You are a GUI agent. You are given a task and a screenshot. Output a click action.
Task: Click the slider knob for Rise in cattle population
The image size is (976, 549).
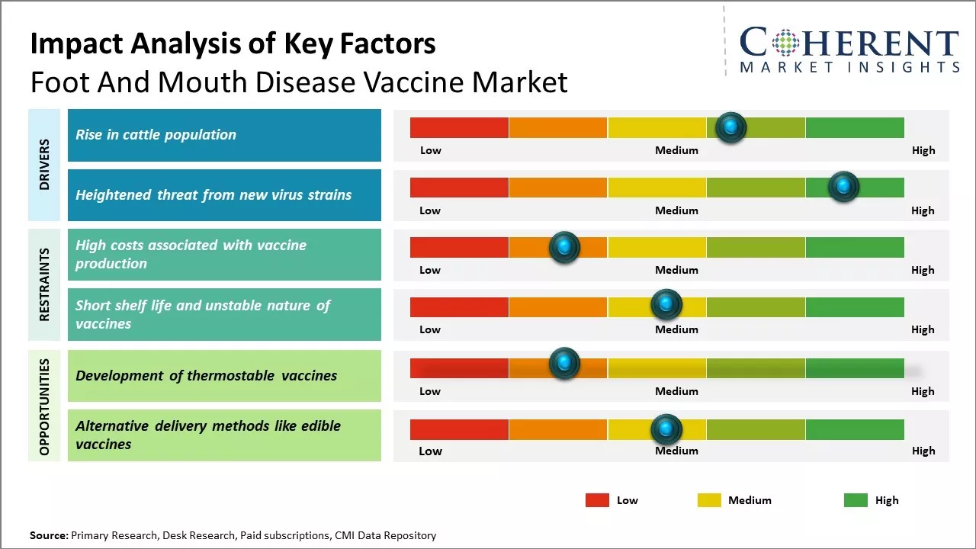(731, 127)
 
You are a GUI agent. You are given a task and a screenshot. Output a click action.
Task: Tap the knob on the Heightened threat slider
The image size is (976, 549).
(843, 187)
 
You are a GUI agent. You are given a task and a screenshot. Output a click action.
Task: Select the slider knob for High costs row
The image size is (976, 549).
(564, 247)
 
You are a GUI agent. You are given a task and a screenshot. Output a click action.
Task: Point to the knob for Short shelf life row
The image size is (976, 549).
(666, 305)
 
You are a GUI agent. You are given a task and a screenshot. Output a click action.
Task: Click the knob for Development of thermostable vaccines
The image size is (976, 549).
(564, 364)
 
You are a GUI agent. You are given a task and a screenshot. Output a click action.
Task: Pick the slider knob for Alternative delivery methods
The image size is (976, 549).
(666, 429)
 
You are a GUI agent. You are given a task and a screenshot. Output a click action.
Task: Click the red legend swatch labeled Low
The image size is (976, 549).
(597, 500)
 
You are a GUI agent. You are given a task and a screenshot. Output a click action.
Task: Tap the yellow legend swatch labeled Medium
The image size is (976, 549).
(709, 500)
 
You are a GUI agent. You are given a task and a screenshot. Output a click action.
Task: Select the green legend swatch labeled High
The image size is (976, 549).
(856, 500)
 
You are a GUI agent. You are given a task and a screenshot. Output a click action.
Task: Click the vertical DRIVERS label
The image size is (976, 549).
(44, 165)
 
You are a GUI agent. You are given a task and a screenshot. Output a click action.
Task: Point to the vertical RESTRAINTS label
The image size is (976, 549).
(44, 284)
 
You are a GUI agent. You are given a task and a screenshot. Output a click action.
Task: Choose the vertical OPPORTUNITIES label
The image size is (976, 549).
(44, 406)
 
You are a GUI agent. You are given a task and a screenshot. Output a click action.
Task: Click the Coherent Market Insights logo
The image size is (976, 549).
(849, 50)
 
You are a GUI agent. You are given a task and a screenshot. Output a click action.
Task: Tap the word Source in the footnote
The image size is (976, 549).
(49, 535)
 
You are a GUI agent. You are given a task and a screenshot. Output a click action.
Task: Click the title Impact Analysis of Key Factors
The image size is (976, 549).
(233, 44)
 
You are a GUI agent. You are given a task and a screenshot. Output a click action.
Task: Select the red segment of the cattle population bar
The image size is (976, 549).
(459, 127)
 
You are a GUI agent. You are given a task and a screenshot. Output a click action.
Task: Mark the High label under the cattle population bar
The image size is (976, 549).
(923, 150)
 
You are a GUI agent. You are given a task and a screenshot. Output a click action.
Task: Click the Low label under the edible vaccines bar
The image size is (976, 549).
(430, 451)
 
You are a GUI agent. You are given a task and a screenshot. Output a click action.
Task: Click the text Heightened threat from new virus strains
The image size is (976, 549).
(213, 195)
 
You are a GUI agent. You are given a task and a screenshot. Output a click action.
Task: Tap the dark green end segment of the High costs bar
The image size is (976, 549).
(854, 247)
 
